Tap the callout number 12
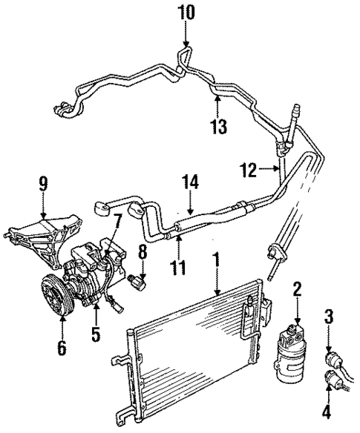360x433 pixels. (248, 171)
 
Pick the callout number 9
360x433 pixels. (44, 182)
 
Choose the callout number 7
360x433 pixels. (117, 220)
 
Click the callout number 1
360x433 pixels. (216, 262)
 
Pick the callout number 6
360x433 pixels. (62, 346)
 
